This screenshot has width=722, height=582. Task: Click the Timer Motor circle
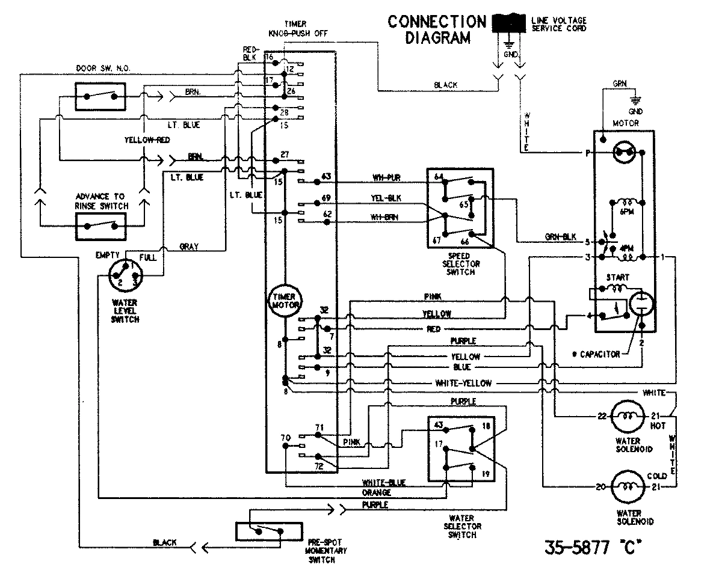tap(286, 301)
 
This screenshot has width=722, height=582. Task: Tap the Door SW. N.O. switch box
tap(100, 96)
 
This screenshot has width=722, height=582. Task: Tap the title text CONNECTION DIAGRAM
tap(436, 29)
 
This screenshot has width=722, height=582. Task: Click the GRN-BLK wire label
tap(559, 237)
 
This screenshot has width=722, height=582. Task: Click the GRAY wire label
tap(190, 247)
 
